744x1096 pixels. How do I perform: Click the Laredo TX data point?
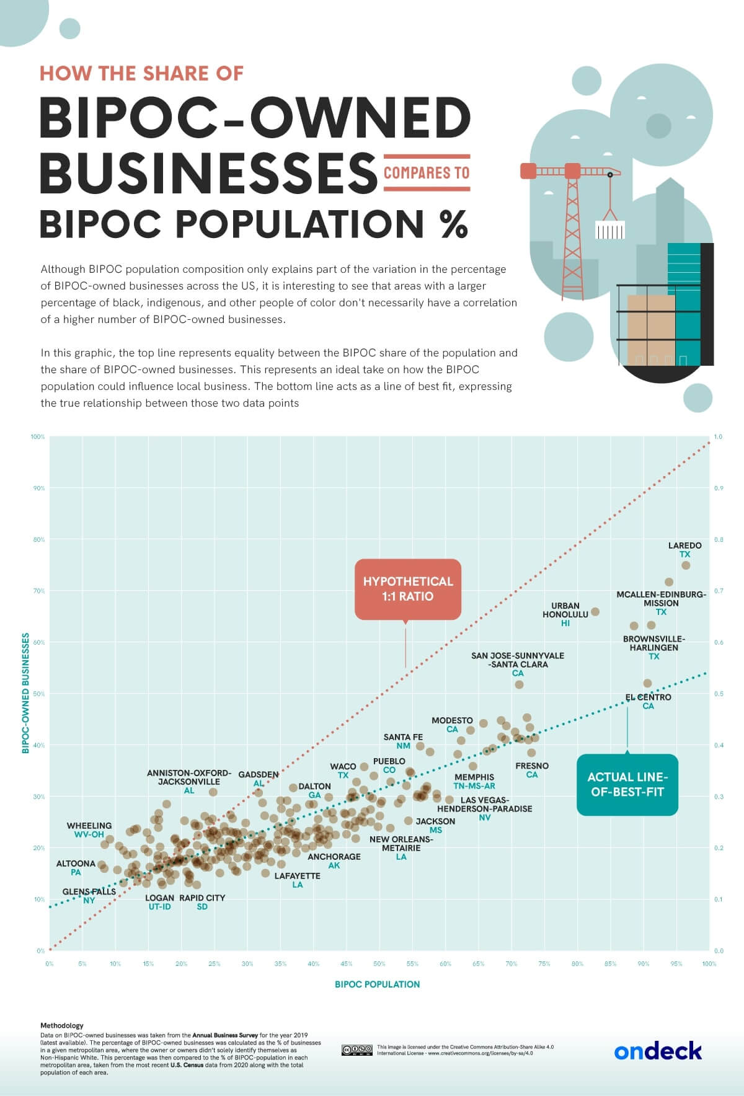(686, 565)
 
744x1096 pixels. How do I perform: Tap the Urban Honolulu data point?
(595, 612)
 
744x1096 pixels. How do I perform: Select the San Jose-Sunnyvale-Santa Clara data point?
(520, 684)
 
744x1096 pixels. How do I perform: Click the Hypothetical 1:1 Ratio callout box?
(407, 589)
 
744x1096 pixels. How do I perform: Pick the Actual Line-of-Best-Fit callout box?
(627, 784)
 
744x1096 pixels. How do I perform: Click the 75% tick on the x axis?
(544, 964)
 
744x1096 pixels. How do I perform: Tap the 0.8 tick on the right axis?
(718, 540)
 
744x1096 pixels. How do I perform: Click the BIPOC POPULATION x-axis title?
(377, 984)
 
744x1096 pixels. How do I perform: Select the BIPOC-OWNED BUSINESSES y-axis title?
(26, 693)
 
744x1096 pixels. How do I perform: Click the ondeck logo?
(658, 1051)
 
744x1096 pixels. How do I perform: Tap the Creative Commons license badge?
(357, 1050)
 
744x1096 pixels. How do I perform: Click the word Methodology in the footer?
(61, 1026)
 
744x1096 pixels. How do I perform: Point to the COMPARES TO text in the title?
(427, 172)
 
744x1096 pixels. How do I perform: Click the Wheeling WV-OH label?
(89, 830)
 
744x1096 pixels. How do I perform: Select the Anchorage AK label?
(334, 861)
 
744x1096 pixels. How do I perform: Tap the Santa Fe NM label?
(403, 741)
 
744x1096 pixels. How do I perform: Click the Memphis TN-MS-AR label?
(474, 781)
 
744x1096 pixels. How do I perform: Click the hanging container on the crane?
(610, 231)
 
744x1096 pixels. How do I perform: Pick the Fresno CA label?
(532, 770)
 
